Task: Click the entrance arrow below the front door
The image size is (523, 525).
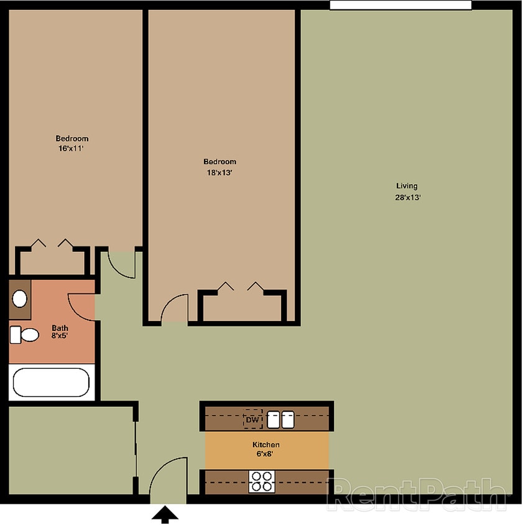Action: [x=165, y=514]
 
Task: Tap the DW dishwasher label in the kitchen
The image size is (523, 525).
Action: [x=252, y=420]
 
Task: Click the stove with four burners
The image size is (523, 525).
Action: [x=262, y=481]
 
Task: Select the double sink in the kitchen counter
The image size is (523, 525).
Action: [x=280, y=420]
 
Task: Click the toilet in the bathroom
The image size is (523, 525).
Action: [x=24, y=335]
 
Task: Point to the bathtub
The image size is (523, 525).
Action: [x=51, y=383]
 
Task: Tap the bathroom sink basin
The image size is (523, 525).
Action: [x=20, y=299]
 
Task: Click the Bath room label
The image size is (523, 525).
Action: [x=60, y=328]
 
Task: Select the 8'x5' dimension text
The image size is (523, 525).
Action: [x=60, y=336]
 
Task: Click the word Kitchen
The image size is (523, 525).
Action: [x=266, y=445]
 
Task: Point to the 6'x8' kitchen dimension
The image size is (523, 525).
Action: [x=266, y=453]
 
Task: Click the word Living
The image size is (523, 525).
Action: [x=407, y=185]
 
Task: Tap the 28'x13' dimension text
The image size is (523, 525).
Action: [x=407, y=197]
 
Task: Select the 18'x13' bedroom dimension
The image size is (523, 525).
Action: [x=220, y=173]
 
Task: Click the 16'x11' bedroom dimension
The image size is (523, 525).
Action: [x=72, y=149]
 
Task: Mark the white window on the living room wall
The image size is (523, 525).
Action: [x=400, y=5]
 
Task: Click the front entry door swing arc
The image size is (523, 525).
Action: [x=167, y=476]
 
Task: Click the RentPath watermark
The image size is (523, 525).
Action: [x=417, y=495]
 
